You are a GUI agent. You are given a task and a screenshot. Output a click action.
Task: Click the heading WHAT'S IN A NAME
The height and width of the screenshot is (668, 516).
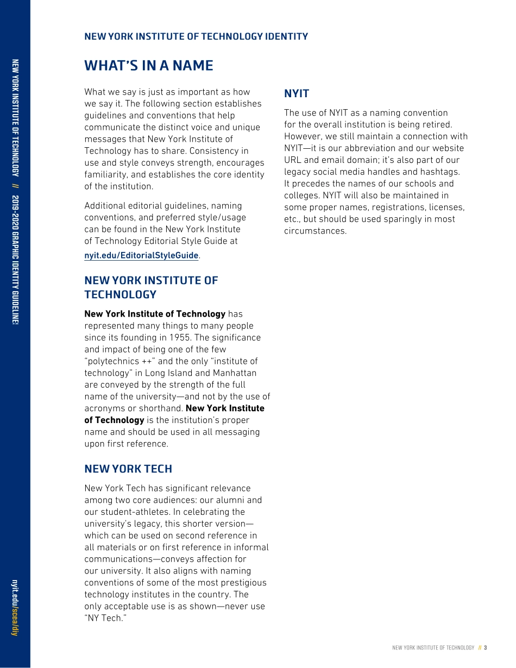[148, 66]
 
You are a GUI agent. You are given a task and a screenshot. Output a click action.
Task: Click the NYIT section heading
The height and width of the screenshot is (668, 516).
[297, 93]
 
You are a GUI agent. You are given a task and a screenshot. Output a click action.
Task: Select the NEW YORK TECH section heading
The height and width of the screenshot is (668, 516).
[128, 469]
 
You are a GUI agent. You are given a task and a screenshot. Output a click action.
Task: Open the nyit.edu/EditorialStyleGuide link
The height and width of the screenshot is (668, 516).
[141, 255]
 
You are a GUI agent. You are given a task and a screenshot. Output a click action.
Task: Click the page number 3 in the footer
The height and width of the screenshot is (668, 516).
[485, 647]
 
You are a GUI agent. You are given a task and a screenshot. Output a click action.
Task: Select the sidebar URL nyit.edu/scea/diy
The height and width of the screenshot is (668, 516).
[15, 608]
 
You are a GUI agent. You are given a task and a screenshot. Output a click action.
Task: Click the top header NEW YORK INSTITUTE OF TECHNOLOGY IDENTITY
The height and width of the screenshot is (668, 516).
[196, 36]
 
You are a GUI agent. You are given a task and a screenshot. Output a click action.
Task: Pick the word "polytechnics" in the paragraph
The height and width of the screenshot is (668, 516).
[113, 361]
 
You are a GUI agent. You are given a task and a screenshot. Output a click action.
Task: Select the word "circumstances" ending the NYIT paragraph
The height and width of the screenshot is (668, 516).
[314, 231]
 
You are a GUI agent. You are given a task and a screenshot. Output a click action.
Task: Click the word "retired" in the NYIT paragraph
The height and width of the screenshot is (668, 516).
[436, 124]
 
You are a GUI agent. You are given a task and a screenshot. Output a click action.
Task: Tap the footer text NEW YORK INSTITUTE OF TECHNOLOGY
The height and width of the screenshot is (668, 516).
[433, 647]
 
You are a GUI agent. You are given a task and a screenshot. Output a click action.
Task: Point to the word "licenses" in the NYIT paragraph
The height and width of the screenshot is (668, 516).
[446, 207]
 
